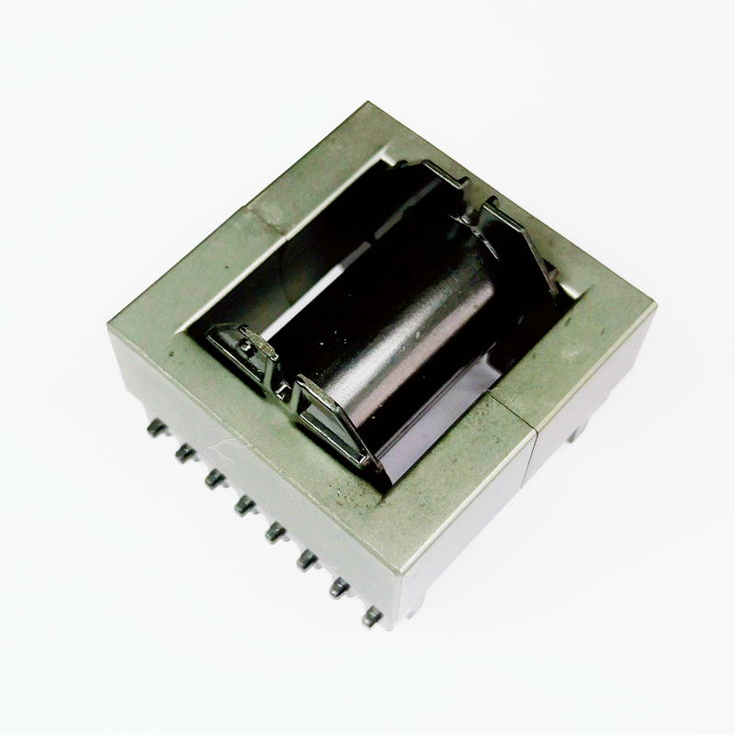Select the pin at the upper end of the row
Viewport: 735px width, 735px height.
[x=155, y=426]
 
